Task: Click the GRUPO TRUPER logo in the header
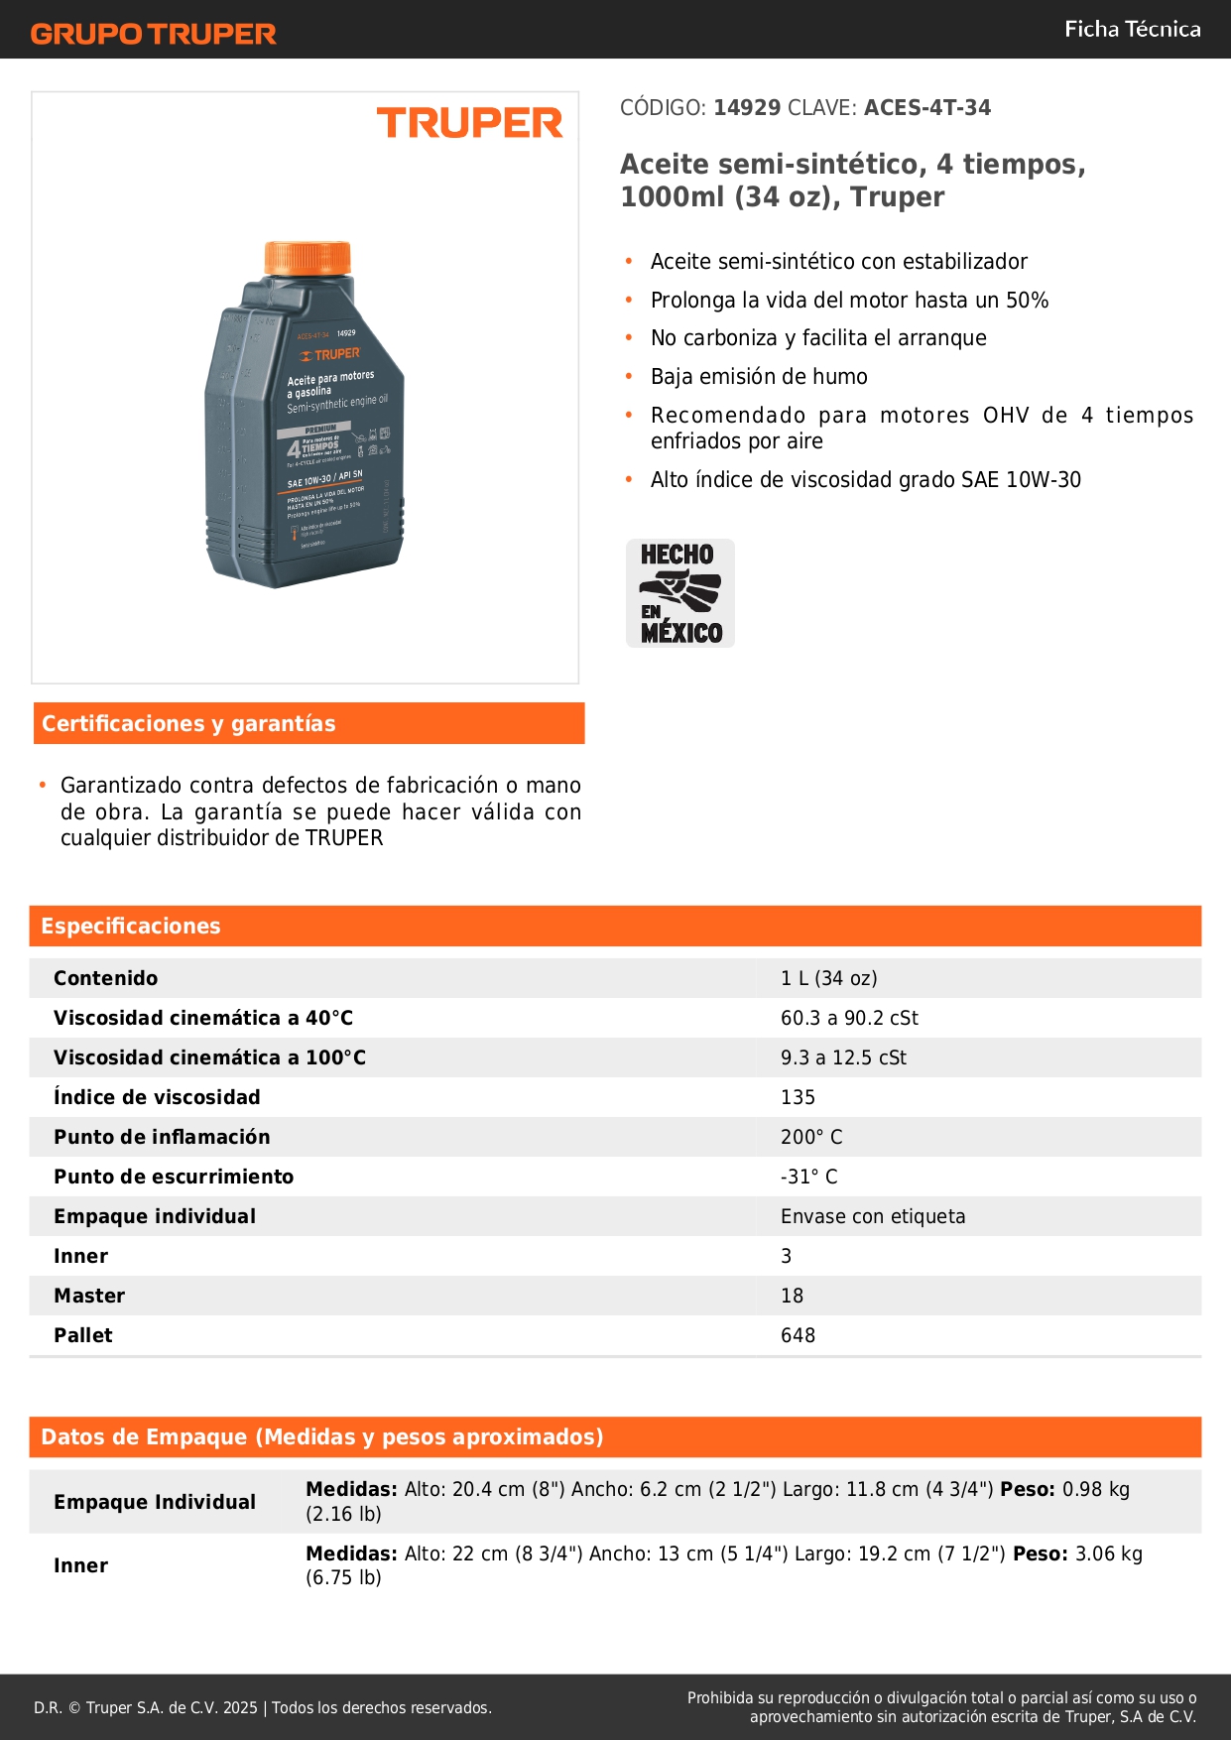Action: tap(153, 34)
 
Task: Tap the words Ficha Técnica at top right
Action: tap(1132, 29)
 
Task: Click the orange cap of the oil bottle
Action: tap(308, 258)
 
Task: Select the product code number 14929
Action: tap(747, 108)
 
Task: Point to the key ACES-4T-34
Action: tap(926, 108)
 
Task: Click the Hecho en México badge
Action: tap(680, 593)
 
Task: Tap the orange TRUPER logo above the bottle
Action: tap(469, 124)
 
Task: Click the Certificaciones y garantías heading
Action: tap(188, 724)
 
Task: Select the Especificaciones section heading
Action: tap(131, 927)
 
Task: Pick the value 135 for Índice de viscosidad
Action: tap(798, 1097)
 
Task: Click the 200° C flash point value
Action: tap(810, 1137)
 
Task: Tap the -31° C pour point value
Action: tap(808, 1177)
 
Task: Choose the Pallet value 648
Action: tap(798, 1335)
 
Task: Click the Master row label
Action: tap(89, 1296)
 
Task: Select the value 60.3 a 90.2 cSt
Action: tap(849, 1018)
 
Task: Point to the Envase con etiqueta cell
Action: tap(872, 1216)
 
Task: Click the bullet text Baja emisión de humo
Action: tap(759, 377)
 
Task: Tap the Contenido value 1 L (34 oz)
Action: tap(828, 978)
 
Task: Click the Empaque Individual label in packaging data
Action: tap(155, 1502)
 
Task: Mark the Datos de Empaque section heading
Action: tap(321, 1437)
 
